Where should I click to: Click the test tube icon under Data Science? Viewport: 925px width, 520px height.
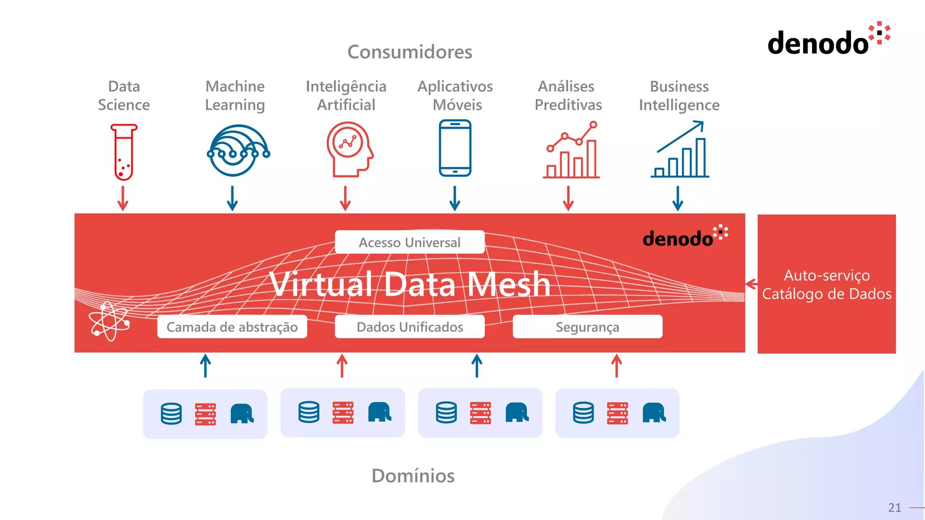pos(123,153)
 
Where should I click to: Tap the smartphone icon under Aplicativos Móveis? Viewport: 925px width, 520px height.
pos(455,148)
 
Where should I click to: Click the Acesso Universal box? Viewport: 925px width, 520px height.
pos(410,242)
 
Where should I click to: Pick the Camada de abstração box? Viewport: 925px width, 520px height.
pos(232,327)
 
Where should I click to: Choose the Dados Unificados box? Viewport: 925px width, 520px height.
pos(410,327)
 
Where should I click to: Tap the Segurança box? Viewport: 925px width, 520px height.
pos(587,327)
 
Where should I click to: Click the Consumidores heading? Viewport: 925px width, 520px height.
pos(410,52)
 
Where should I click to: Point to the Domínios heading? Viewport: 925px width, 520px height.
pos(413,476)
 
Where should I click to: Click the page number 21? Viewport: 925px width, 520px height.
pos(894,508)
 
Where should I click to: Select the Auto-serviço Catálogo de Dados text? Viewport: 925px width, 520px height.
pos(827,284)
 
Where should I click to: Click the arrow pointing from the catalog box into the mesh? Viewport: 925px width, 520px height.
pos(751,284)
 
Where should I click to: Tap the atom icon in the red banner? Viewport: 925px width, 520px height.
pos(109,321)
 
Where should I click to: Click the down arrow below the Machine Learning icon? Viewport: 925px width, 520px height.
pos(232,199)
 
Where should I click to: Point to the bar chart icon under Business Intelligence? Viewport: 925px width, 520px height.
pos(680,150)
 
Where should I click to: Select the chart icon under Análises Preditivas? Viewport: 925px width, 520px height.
pos(571,150)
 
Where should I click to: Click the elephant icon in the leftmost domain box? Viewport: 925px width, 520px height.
pos(242,413)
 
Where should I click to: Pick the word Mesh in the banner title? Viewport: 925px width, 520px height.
pos(509,284)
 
